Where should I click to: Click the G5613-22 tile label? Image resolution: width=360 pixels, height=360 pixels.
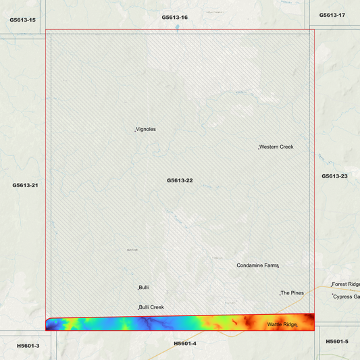click(180, 180)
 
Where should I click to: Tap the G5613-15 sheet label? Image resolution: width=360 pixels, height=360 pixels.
click(22, 20)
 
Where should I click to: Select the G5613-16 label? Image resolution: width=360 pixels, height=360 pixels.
click(174, 17)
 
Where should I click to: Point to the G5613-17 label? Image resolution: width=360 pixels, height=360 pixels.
click(332, 15)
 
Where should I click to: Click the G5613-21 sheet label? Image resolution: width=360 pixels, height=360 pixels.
click(25, 184)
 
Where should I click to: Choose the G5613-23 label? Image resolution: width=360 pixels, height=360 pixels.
click(334, 176)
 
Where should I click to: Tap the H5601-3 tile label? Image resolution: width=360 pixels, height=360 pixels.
click(28, 346)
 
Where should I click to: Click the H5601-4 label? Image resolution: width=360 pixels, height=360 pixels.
click(184, 343)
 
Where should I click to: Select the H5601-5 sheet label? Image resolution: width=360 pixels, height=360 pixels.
click(337, 341)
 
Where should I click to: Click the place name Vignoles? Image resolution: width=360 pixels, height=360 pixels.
click(146, 129)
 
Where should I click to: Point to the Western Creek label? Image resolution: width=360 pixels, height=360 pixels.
click(276, 147)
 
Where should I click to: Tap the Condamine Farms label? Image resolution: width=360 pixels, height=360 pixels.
click(257, 265)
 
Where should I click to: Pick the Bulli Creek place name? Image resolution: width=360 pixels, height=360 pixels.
click(151, 307)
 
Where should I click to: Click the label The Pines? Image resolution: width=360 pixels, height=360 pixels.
click(292, 293)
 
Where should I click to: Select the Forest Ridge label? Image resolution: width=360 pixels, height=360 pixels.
click(346, 284)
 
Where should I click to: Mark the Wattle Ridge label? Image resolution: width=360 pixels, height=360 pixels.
click(282, 325)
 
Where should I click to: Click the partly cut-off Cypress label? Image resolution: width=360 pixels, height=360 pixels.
click(347, 297)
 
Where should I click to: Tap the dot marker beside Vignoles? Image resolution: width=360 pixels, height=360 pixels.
click(136, 130)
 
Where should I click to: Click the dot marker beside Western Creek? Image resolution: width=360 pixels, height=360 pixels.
click(259, 148)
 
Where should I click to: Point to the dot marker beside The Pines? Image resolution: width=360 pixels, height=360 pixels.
click(280, 294)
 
